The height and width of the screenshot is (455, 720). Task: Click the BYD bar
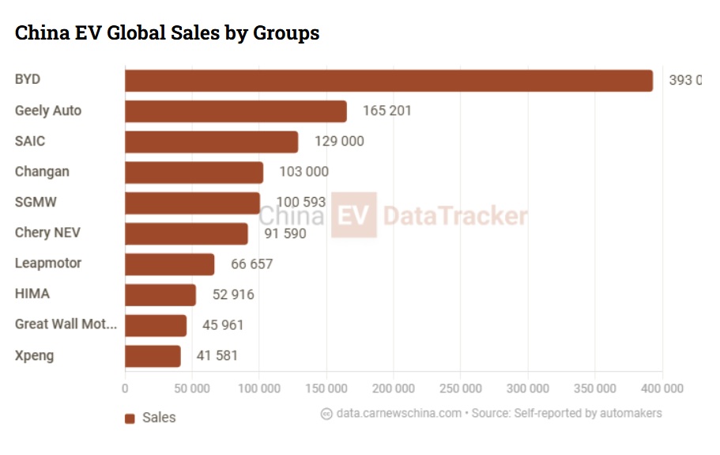pos(389,81)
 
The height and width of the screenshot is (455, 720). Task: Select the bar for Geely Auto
pos(236,112)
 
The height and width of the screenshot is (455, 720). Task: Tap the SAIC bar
pos(212,142)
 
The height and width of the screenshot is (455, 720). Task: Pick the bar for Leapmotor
pos(169,264)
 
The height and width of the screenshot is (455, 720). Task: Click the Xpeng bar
pos(153,356)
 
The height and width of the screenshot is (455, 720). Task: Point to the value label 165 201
pos(386,111)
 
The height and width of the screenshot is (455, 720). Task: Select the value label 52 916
pos(233,294)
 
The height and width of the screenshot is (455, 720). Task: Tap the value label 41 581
pos(217,356)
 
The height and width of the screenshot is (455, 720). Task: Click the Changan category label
pos(42,172)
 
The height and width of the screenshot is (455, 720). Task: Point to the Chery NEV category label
pos(47,233)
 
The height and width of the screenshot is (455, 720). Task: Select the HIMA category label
pos(32,294)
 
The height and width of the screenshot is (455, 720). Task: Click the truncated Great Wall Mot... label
pos(66,324)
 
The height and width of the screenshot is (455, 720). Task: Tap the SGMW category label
pos(35,202)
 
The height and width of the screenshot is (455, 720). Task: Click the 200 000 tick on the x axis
pos(393,389)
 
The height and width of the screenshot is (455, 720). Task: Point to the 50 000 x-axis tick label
pos(191,389)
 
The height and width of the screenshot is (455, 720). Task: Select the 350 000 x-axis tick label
pos(594,389)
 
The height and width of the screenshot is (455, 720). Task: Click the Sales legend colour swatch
pos(130,419)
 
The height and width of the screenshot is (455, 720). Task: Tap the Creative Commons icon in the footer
pos(326,413)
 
